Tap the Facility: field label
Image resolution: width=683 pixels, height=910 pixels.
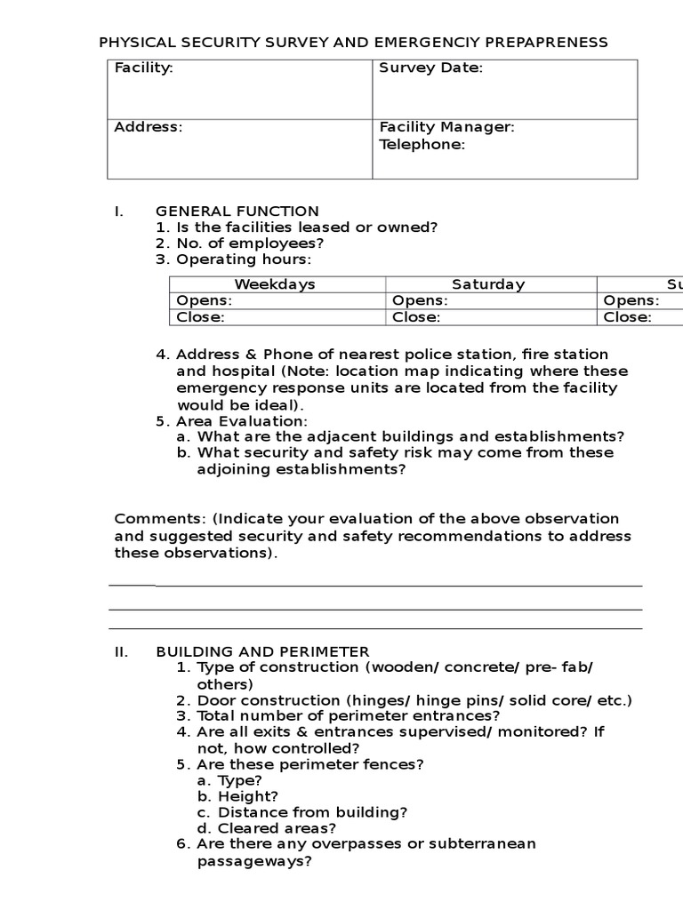click(143, 68)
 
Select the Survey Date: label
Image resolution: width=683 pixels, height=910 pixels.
click(430, 68)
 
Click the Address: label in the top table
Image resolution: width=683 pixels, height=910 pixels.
click(148, 127)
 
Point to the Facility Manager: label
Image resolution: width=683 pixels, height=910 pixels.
click(446, 127)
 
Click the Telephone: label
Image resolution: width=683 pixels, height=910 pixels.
click(422, 145)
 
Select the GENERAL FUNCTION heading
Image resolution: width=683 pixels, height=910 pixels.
click(237, 211)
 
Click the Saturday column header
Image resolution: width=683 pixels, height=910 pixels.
click(488, 284)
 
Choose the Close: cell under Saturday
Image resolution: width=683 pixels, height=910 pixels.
click(416, 317)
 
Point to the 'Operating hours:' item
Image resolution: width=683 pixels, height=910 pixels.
click(244, 259)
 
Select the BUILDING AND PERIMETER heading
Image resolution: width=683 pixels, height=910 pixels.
click(262, 651)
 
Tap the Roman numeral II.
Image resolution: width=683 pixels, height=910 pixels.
click(122, 651)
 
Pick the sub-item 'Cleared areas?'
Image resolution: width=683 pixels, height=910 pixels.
click(267, 828)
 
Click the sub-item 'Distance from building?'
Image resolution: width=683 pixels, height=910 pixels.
click(302, 811)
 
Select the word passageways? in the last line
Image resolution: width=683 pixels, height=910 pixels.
click(253, 861)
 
